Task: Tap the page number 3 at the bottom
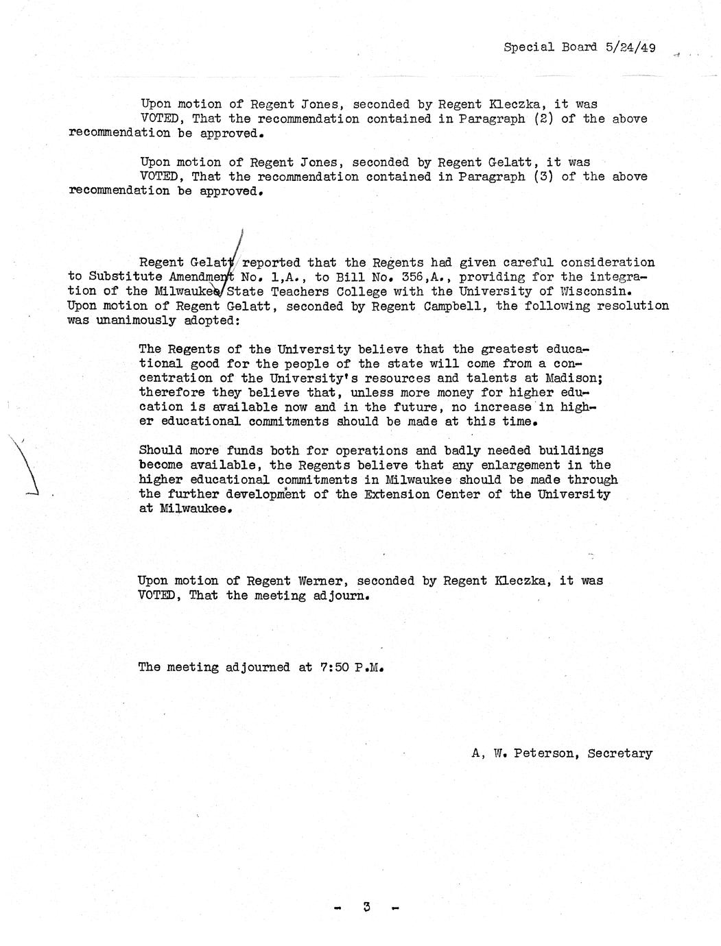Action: [x=367, y=907]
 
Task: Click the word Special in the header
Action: [x=529, y=47]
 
